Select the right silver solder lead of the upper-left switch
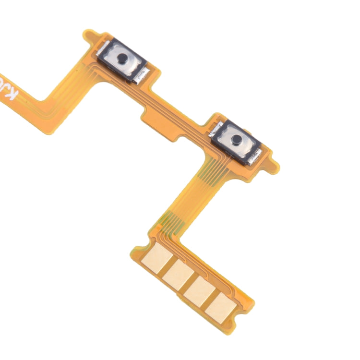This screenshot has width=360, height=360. [142, 75]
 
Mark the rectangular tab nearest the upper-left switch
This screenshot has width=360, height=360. [151, 111]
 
